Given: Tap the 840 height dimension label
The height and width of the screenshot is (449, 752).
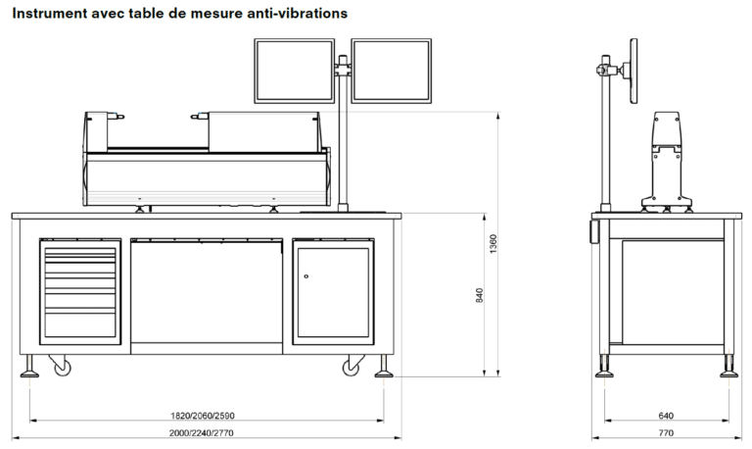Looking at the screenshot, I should [480, 294].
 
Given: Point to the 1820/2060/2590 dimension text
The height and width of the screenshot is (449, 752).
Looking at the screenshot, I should [206, 415].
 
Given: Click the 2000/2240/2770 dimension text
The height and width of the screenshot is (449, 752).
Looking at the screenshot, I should [206, 432].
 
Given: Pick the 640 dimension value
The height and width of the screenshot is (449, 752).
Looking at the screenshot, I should [666, 415].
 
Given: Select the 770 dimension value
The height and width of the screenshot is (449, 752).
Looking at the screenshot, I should [666, 432].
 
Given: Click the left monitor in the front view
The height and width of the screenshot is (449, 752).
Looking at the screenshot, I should [294, 70].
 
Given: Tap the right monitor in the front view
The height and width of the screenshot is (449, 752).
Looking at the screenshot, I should [392, 70].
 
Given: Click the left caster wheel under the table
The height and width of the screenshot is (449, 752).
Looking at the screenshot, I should [62, 368].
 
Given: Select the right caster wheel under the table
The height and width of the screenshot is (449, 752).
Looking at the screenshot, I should [351, 368].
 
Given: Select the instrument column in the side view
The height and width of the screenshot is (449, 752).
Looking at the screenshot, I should [666, 157].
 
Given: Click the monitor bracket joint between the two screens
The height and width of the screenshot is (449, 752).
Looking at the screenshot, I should [343, 69].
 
